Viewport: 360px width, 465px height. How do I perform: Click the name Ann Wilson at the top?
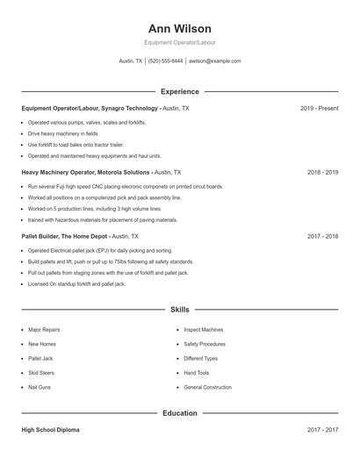click(179, 28)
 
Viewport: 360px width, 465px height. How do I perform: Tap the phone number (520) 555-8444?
click(166, 61)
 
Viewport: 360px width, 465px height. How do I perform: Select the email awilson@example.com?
click(214, 61)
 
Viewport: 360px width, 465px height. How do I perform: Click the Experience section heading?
click(179, 91)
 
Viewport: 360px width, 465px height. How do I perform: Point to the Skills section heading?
click(179, 310)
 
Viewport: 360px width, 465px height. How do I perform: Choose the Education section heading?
click(179, 412)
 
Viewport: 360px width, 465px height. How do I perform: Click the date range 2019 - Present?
click(319, 108)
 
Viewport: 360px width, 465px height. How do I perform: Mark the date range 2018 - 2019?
click(322, 173)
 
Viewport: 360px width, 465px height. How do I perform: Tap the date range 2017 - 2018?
click(322, 236)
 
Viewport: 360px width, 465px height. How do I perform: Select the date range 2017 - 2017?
click(322, 430)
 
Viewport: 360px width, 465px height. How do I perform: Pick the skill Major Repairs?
click(44, 330)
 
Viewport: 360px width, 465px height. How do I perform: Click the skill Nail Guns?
click(40, 387)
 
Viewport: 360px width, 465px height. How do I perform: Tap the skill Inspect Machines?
click(204, 330)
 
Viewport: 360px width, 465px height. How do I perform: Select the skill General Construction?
click(208, 387)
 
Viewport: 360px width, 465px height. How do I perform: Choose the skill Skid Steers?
click(41, 373)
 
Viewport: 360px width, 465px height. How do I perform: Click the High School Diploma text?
click(51, 430)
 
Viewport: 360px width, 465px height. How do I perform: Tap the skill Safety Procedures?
click(205, 344)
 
